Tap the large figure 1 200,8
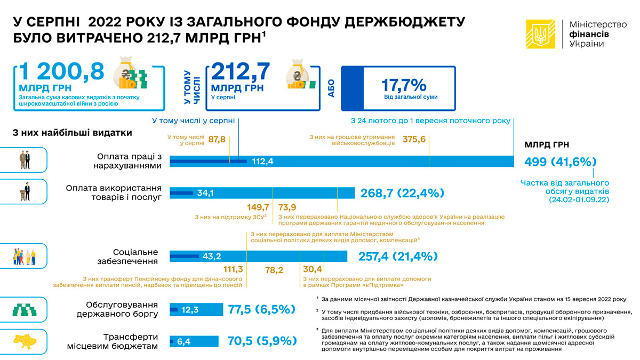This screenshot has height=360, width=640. click(61, 72)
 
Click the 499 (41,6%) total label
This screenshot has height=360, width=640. click(560, 162)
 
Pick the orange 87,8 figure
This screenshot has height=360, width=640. click(217, 139)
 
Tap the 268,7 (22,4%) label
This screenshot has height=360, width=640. click(402, 193)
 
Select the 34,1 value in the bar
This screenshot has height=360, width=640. click(205, 193)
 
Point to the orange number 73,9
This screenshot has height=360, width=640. click(287, 207)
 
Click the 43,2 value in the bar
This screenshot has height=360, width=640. click(212, 257)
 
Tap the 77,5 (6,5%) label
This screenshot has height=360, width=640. click(261, 309)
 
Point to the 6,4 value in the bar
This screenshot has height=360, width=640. click(183, 341)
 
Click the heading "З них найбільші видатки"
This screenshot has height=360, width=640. click(72, 132)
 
